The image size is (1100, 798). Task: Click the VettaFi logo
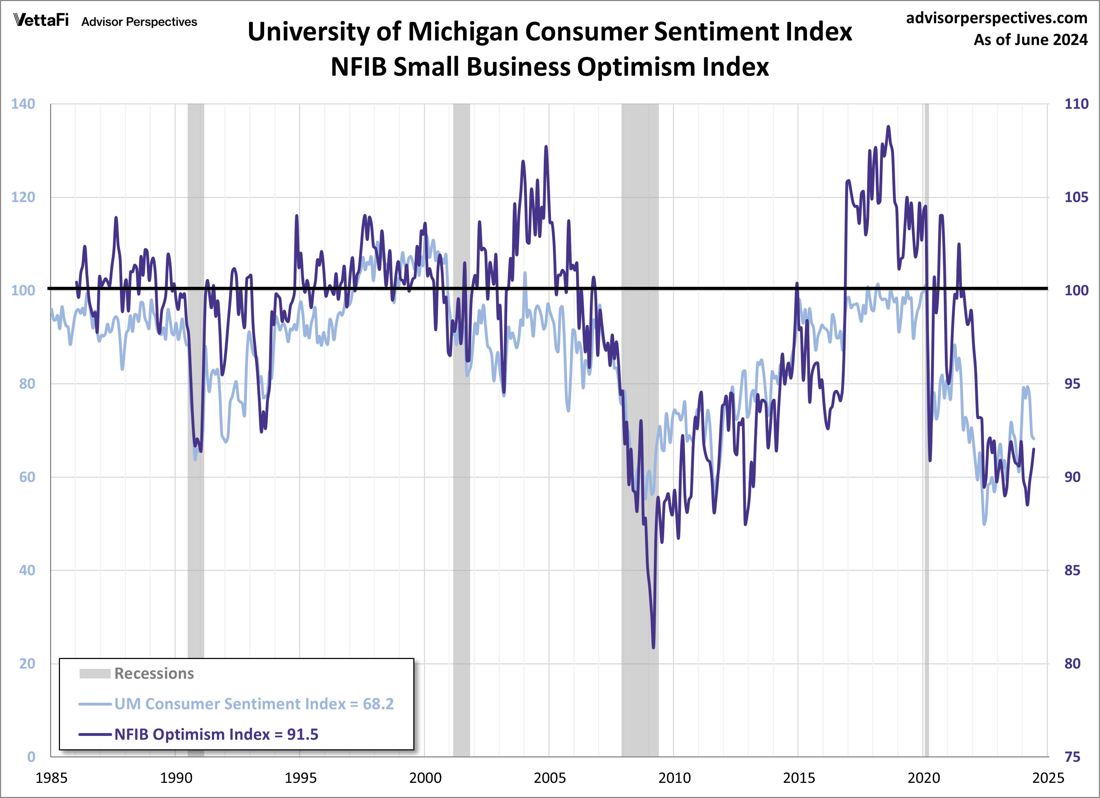click(41, 20)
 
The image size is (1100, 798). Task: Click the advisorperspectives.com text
click(996, 18)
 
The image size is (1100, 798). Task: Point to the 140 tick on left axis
click(23, 104)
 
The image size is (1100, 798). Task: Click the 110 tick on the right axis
click(1076, 104)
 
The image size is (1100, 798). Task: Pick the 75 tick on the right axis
click(1072, 757)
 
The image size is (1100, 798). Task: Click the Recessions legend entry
click(154, 673)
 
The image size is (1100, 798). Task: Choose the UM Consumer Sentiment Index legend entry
click(254, 704)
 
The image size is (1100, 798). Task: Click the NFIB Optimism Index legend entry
click(216, 734)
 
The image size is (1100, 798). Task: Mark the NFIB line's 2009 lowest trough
click(653, 647)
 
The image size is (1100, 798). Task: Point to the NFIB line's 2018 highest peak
click(888, 127)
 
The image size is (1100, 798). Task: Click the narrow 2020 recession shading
click(926, 437)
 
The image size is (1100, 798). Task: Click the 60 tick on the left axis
click(27, 477)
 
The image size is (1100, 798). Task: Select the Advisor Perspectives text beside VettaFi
click(139, 22)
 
